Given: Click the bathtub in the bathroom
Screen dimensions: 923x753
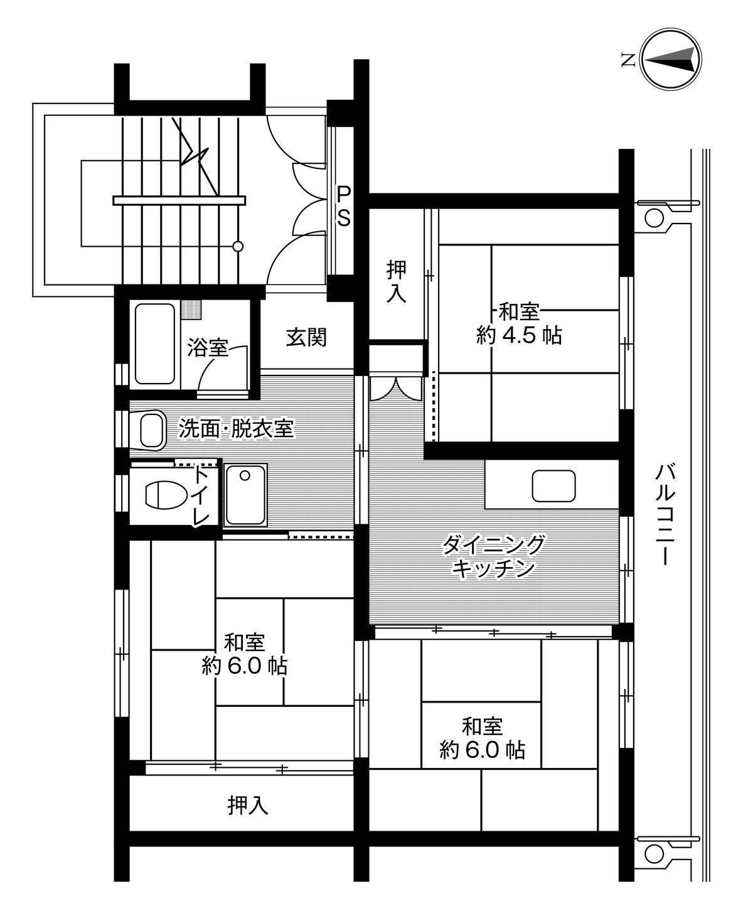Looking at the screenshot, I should [x=154, y=343].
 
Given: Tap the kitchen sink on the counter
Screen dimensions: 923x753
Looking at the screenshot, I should [x=553, y=485].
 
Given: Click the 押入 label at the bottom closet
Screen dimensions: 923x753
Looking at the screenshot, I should [x=248, y=805].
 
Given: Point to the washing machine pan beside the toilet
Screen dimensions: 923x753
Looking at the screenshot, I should [x=246, y=495].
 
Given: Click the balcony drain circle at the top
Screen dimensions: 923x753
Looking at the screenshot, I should [x=653, y=218].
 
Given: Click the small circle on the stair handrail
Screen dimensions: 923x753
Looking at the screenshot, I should [x=238, y=247].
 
